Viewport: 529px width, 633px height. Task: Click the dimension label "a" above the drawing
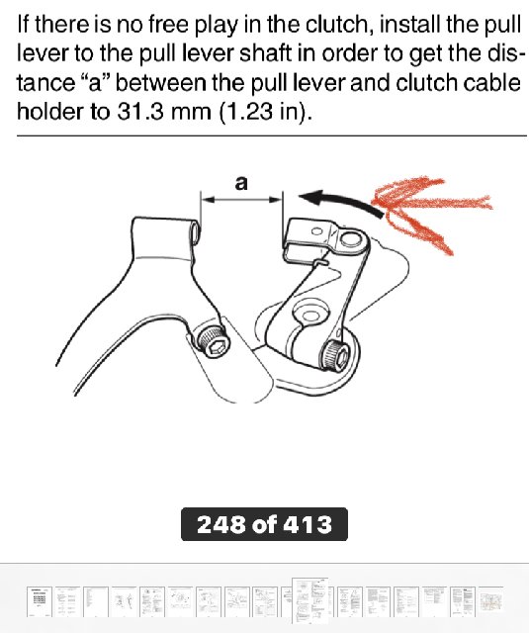[x=241, y=183]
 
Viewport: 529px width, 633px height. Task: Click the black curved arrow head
[x=311, y=197]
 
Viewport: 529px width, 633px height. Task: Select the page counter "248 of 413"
[x=264, y=524]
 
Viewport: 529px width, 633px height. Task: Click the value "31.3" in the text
[x=140, y=111]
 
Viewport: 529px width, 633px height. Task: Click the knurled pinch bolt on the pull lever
[x=335, y=354]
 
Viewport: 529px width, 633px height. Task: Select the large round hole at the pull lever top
[x=351, y=239]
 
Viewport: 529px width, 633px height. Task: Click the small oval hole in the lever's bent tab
[x=317, y=231]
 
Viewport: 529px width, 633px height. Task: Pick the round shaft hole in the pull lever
[x=310, y=314]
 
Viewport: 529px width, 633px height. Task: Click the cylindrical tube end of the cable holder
[x=196, y=231]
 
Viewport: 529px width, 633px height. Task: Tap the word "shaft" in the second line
[x=265, y=53]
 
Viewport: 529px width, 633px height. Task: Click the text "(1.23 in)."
[x=265, y=112]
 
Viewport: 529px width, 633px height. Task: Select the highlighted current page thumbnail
[x=309, y=600]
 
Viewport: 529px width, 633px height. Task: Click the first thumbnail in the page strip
[x=40, y=601]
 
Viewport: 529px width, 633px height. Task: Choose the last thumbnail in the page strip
[x=491, y=601]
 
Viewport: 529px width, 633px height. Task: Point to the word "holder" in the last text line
[x=50, y=111]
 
